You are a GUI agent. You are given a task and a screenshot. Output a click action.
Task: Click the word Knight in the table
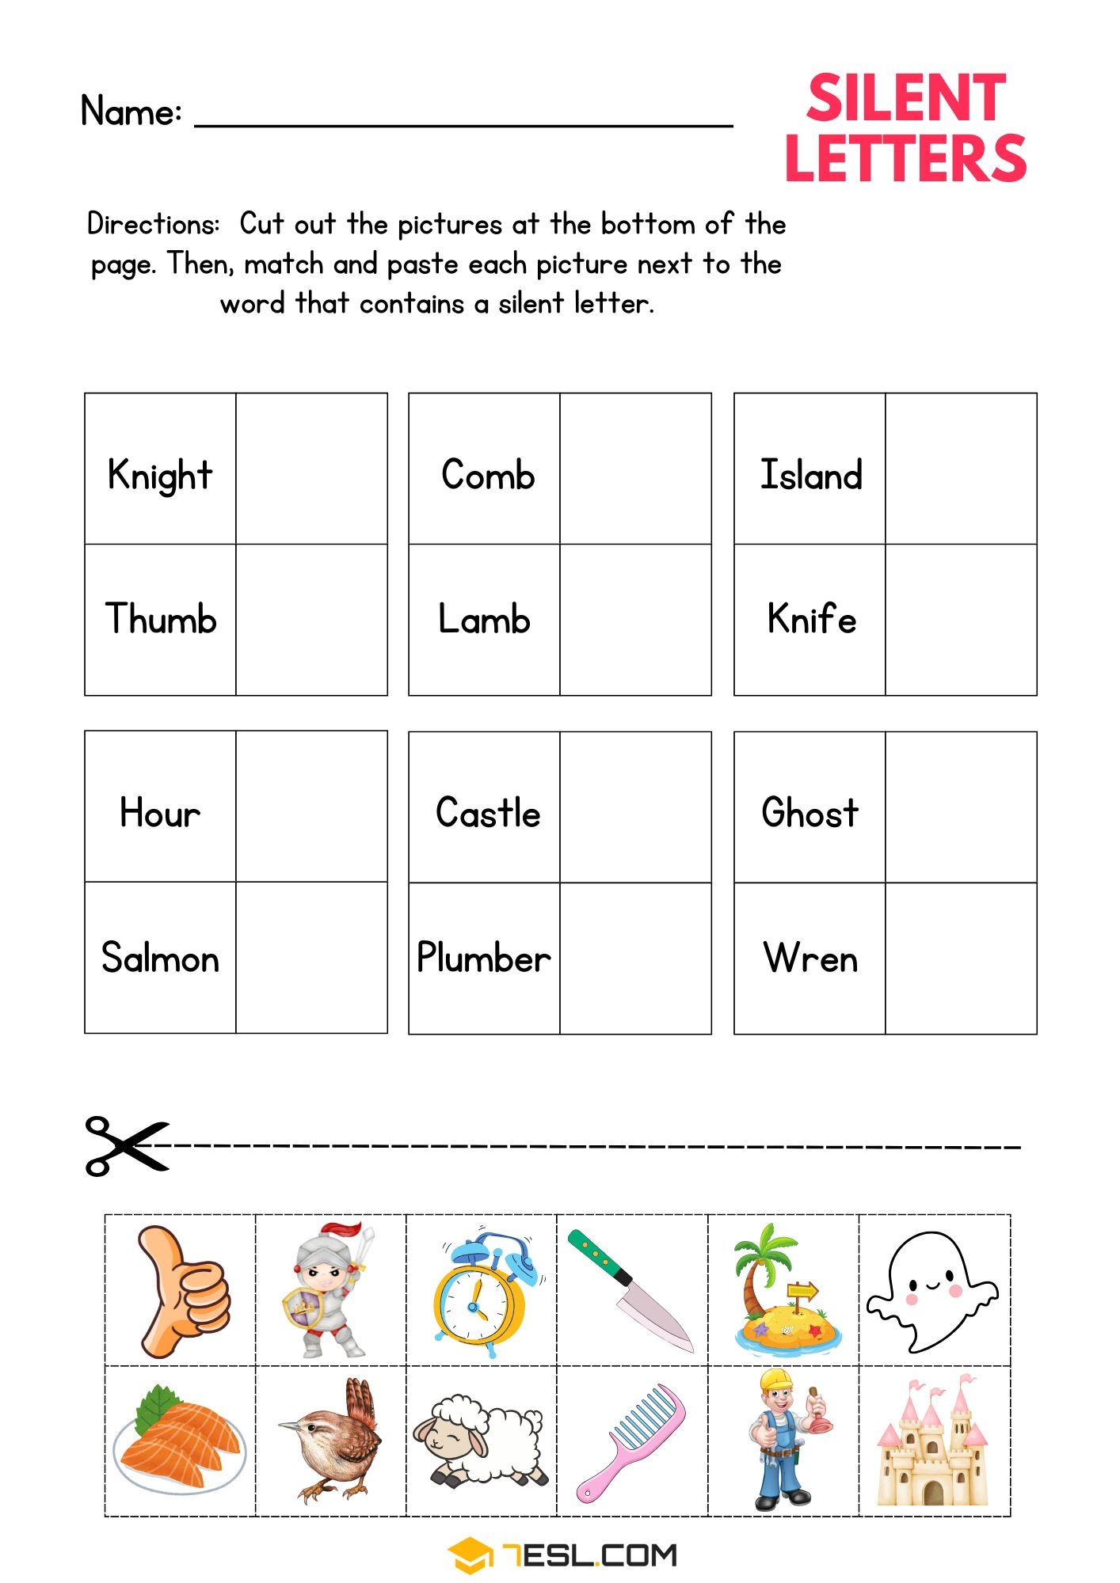[x=160, y=476]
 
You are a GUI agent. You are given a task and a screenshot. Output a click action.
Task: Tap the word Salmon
[x=160, y=958]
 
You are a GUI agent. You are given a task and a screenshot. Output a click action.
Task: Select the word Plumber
[x=483, y=958]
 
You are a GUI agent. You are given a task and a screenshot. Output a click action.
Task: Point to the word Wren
[x=810, y=958]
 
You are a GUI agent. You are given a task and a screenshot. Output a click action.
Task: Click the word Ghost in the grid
[x=810, y=813]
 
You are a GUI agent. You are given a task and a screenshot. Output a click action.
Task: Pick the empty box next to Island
[x=961, y=469]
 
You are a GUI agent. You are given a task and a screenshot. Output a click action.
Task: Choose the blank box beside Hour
[x=311, y=807]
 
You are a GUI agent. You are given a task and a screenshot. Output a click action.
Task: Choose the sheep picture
[x=479, y=1441]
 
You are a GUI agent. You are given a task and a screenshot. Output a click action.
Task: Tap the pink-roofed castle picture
[x=933, y=1442]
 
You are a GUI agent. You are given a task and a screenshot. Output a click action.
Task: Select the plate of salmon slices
[x=180, y=1442]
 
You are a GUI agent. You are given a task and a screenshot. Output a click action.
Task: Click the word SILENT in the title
[x=905, y=99]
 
